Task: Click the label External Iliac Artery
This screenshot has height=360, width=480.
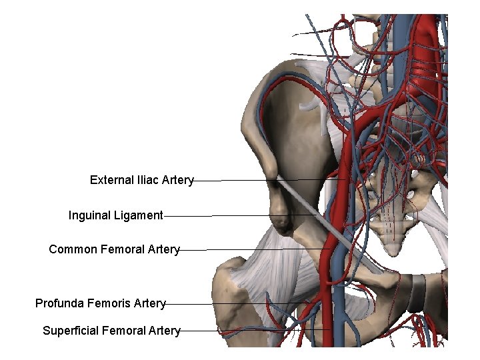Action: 141,180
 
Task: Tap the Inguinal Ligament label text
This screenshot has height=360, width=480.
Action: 115,215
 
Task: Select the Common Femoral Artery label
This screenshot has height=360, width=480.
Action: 114,249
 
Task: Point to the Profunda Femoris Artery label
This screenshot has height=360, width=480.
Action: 100,303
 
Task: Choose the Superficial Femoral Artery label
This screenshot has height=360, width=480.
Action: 111,330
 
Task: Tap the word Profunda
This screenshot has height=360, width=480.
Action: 59,303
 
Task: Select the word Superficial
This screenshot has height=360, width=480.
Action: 70,330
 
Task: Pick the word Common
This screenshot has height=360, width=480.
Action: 73,249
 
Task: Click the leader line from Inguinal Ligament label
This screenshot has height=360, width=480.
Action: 233,215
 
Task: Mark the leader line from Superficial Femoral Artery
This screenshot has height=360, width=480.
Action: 253,330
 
